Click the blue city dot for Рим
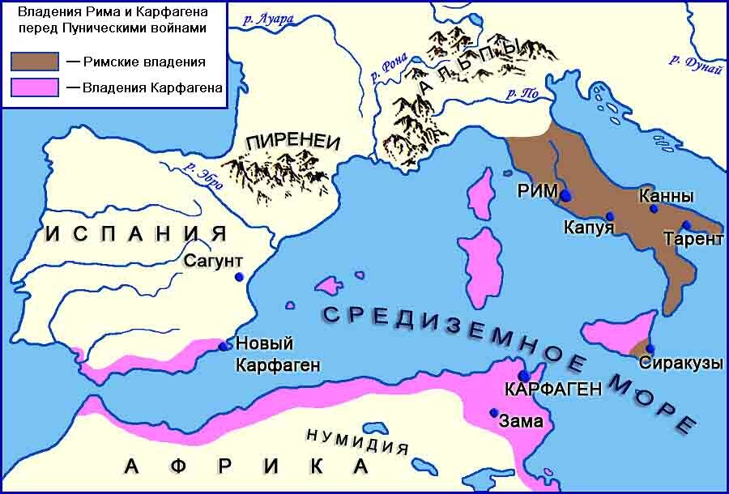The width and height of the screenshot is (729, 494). coord(565,195)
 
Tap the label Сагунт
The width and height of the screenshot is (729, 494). coord(213,261)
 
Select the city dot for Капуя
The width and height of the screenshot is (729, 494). coord(610,216)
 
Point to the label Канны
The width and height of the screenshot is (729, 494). coord(666,196)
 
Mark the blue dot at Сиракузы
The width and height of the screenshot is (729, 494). coord(650,349)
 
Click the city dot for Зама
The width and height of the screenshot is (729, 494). coord(493,412)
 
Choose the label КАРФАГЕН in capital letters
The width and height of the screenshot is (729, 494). coord(552,390)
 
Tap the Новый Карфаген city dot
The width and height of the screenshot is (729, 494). coord(223,347)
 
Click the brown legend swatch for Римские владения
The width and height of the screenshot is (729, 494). coord(34,62)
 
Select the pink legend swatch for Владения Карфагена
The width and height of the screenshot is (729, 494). coord(34,87)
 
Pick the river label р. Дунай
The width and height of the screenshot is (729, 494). coord(695,63)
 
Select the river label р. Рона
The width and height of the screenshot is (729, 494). coord(386,68)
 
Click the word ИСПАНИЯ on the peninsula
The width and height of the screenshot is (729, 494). coord(134,233)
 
